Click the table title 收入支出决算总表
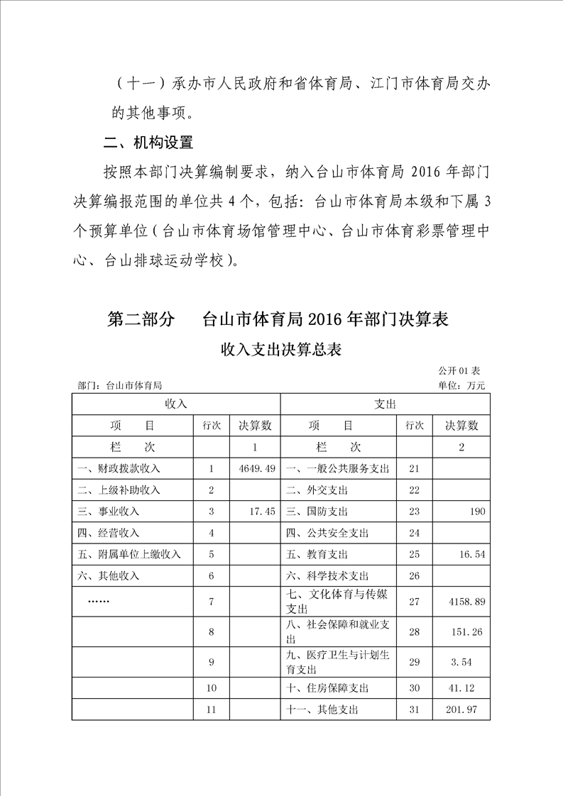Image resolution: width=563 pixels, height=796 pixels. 281,349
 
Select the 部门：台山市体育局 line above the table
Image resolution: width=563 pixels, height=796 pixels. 120,386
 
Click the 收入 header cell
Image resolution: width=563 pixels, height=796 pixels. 175,404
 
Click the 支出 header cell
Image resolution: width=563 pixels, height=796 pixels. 385,404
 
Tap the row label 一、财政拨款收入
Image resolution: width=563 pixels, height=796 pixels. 119,469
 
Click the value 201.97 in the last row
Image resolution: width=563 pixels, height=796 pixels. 469,709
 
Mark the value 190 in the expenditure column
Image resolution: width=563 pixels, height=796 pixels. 476,512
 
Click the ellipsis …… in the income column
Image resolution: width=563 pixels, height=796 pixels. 97,600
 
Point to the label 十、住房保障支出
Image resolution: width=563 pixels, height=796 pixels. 327,688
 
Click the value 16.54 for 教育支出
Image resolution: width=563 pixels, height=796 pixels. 471,554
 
